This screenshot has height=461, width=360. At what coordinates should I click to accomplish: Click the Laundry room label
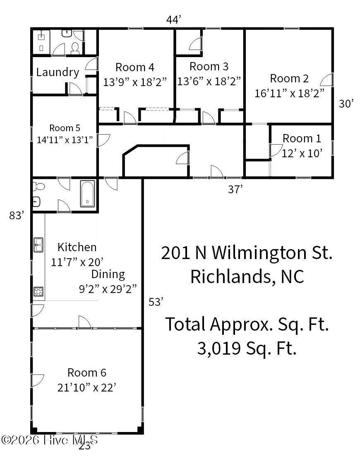tap(58, 72)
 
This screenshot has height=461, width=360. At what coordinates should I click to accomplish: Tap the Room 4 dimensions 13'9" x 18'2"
tap(135, 82)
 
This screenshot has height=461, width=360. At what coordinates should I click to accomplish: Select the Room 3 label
tap(209, 67)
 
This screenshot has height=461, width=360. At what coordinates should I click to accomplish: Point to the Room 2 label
tap(290, 79)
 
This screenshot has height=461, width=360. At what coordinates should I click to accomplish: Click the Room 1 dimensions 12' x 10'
tap(302, 153)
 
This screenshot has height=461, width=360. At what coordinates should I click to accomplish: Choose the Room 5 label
tap(65, 128)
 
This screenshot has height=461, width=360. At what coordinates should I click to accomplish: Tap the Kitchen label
tap(77, 247)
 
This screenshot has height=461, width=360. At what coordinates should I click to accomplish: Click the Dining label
tap(108, 275)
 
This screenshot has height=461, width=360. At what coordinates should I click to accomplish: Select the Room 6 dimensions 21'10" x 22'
tap(87, 387)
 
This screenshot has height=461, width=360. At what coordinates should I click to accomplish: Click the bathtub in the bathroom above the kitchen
tap(88, 194)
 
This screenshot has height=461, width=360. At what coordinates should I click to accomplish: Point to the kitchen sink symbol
tap(38, 245)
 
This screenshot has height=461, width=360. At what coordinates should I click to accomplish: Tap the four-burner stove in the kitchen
tap(38, 291)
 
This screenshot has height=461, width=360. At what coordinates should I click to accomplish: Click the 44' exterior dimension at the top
tap(173, 20)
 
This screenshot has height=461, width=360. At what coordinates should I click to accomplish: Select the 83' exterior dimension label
tap(16, 216)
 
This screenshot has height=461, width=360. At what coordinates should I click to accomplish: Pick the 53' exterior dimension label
tap(156, 302)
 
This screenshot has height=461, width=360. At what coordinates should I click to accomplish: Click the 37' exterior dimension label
tap(235, 190)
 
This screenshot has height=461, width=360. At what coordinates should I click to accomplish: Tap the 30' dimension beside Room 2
tap(346, 103)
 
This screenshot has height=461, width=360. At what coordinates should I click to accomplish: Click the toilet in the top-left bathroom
tap(75, 48)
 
